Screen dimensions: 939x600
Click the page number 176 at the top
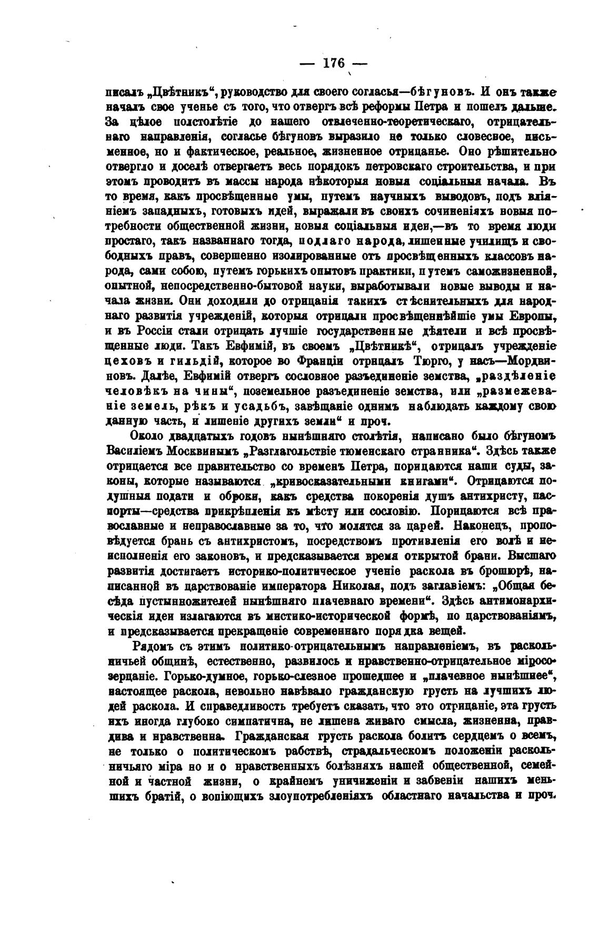pos(333,63)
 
